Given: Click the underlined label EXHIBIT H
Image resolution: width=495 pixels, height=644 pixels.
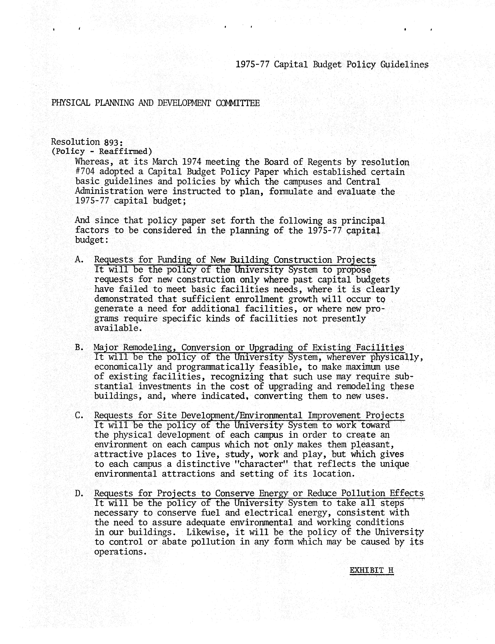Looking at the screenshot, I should pyautogui.click(x=372, y=570).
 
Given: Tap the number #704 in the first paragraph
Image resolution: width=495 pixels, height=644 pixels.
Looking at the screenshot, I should pyautogui.click(x=85, y=172).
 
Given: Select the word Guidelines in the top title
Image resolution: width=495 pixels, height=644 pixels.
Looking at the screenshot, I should pyautogui.click(x=404, y=64).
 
